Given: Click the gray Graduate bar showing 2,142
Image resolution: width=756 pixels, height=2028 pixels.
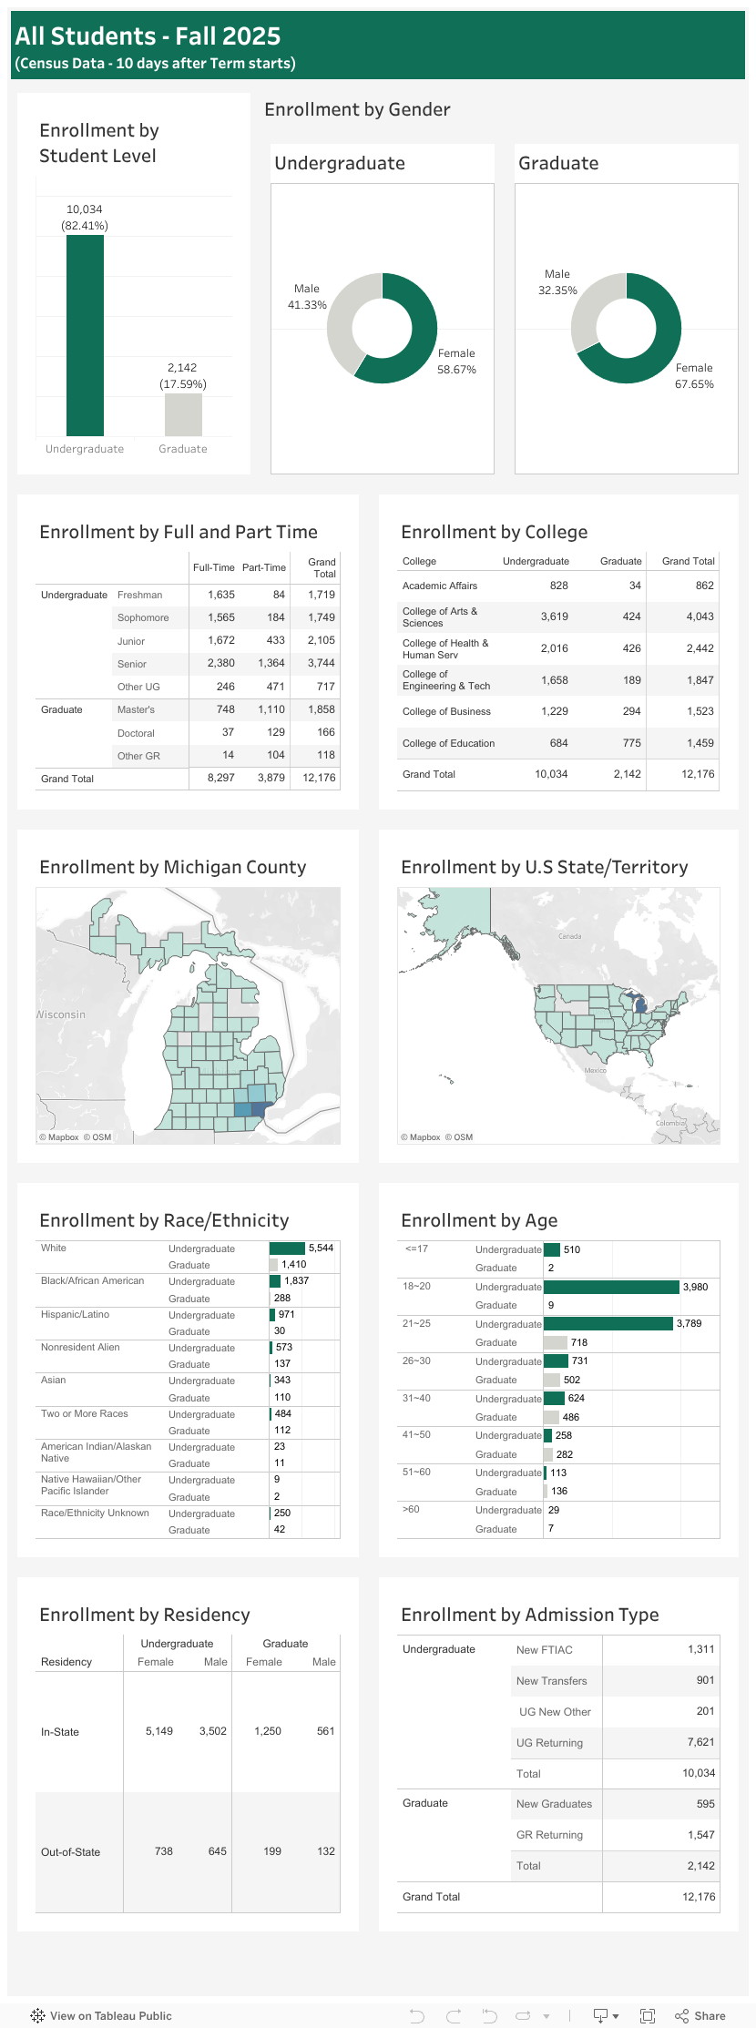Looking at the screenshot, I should pos(183,414).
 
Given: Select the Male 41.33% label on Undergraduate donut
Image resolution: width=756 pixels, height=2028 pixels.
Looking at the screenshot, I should pos(307,297).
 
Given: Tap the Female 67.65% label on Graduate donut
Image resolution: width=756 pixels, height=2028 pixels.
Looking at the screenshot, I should pos(694,376).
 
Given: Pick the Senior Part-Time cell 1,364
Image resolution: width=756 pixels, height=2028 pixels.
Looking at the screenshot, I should pos(271,664).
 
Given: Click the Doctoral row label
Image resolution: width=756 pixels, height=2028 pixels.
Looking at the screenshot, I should pos(136,733).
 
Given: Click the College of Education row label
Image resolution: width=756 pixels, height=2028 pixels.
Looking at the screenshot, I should pos(448,743).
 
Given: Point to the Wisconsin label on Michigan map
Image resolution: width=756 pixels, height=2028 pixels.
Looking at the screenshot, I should pos(61,1014).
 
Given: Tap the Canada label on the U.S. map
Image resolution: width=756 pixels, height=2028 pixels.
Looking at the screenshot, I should pos(569,936).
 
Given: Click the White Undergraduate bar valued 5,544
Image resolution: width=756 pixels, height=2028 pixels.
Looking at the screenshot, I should pos(287,1248).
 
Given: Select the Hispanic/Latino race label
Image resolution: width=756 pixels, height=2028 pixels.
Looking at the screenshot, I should pos(75,1315).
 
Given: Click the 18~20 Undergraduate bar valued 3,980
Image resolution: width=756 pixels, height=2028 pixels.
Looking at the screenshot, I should pos(611,1287).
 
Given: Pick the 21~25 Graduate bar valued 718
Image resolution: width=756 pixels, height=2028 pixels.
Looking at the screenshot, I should pos(555,1342).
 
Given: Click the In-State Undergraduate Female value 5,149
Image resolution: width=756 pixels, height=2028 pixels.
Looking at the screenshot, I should pos(158,1731).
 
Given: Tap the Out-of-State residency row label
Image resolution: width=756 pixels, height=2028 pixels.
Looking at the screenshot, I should pos(70,1851).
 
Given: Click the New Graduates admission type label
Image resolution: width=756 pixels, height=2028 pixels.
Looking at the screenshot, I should pos(554,1804).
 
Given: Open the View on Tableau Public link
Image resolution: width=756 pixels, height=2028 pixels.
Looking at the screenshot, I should pos(101,2016).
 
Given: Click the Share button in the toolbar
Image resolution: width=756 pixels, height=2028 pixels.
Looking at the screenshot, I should pos(700,2016).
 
